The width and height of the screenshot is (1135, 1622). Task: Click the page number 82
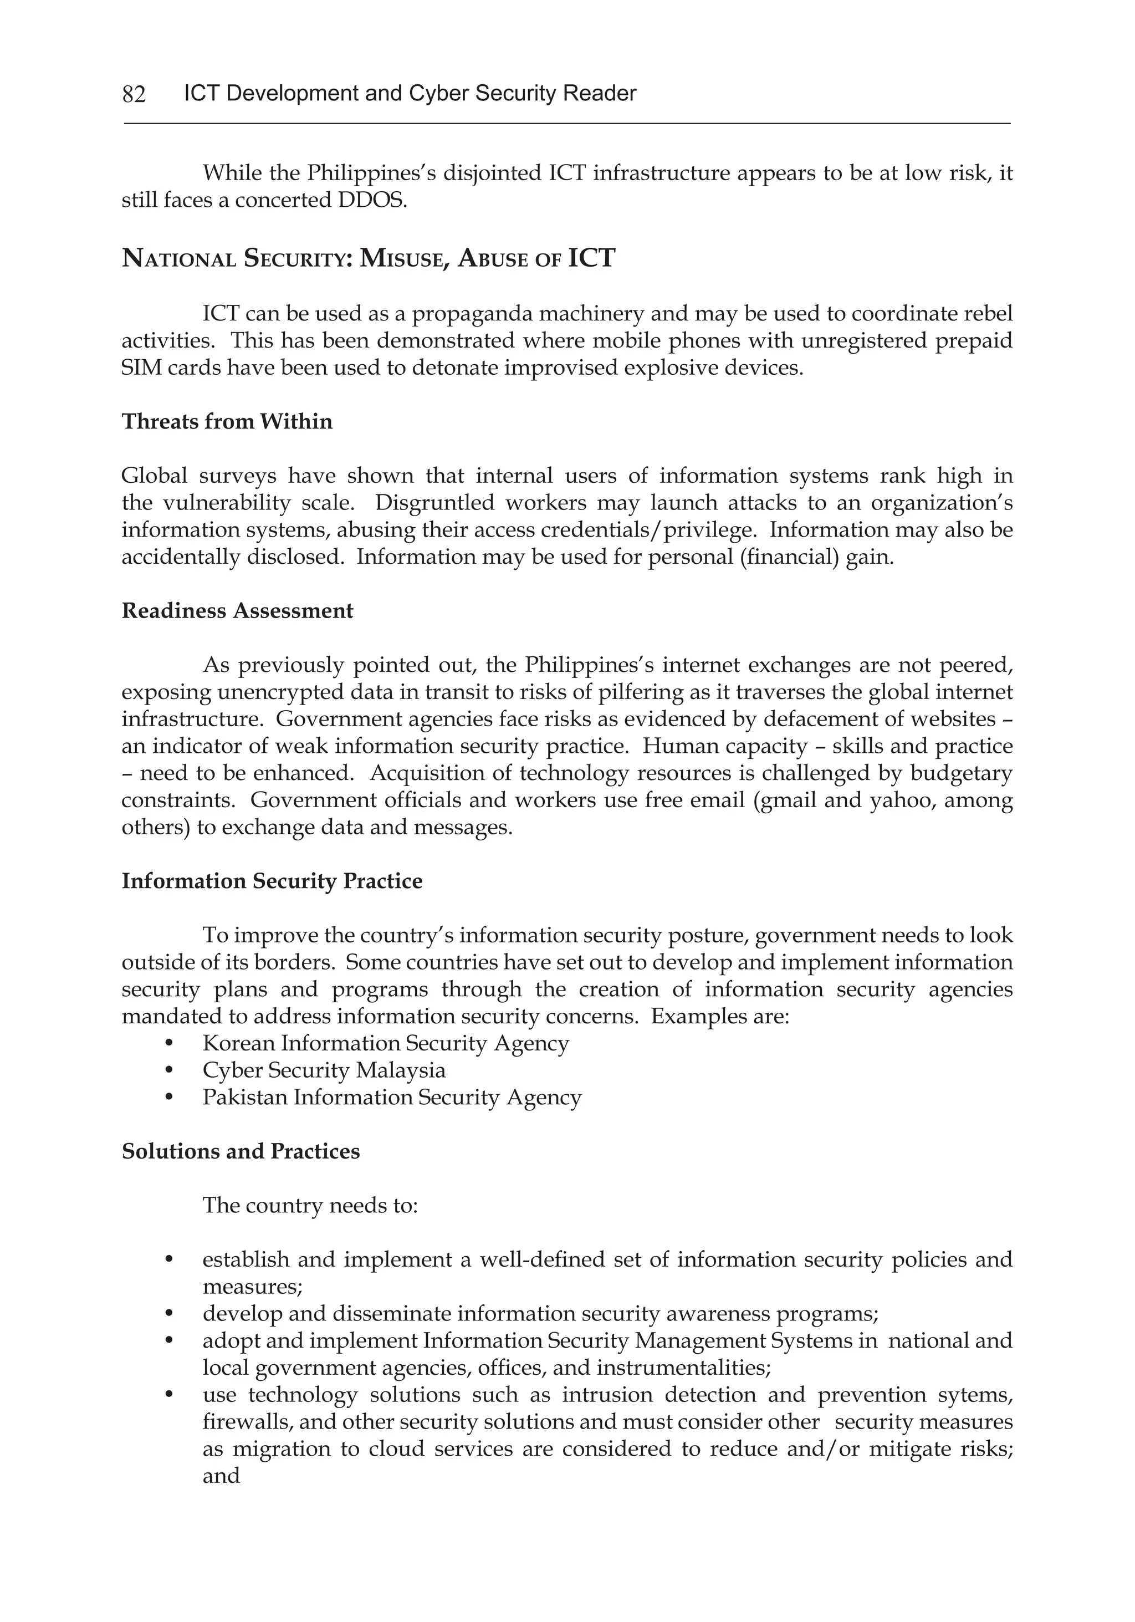(134, 94)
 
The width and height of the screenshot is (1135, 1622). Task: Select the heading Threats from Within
(227, 422)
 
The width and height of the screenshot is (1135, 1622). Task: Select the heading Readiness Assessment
(237, 611)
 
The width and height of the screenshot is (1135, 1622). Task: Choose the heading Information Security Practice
(272, 881)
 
